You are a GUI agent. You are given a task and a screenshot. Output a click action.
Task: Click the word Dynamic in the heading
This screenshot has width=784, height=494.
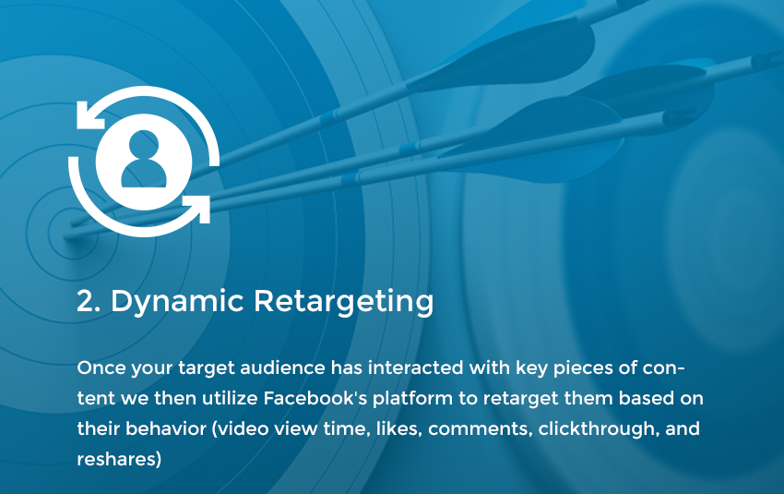177,301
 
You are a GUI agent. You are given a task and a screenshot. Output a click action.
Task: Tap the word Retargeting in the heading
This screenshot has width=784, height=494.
343,301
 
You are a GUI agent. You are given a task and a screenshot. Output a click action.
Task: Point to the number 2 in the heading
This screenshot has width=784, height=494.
86,301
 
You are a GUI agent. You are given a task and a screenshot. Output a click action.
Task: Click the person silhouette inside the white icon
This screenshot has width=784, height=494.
144,159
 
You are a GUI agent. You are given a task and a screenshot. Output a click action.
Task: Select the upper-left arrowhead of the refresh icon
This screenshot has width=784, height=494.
90,114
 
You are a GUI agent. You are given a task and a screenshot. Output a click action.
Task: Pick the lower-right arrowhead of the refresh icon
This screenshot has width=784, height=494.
197,209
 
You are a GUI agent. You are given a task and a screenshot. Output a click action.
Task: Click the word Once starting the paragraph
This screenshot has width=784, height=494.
101,367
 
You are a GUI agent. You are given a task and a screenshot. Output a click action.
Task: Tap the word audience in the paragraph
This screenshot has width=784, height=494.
282,367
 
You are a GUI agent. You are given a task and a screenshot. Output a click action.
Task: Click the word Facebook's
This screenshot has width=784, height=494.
315,398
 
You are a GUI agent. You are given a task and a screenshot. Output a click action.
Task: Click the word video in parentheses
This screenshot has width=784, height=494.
241,429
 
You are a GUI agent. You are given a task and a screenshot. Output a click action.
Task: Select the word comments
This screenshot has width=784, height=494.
480,430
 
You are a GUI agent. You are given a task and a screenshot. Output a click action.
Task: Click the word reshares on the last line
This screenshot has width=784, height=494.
119,460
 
